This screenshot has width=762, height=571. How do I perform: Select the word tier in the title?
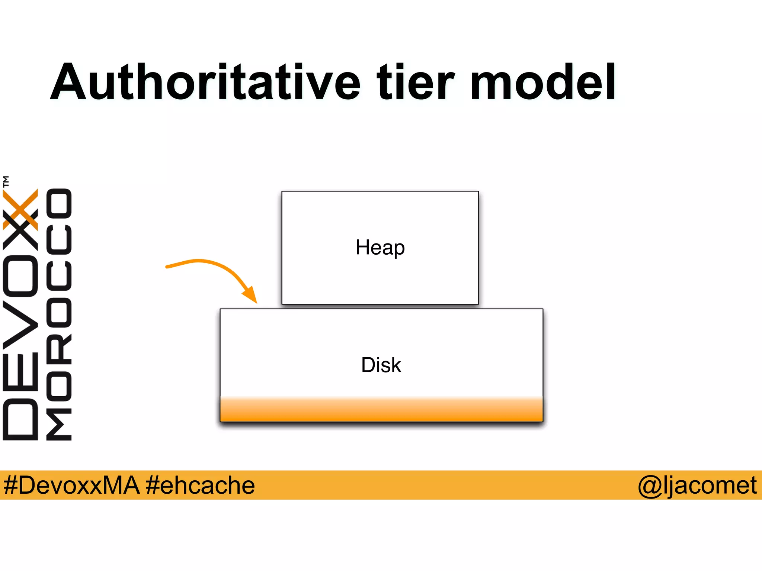(x=416, y=83)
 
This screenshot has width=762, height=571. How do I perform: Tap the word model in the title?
(x=543, y=83)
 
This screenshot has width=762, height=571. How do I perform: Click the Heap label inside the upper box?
(x=380, y=248)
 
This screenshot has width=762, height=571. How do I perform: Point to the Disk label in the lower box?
(x=381, y=365)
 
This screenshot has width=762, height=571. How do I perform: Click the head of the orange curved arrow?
(x=251, y=296)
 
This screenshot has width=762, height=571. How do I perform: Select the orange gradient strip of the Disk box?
(x=381, y=410)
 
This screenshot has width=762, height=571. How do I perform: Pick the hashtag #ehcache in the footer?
(x=200, y=485)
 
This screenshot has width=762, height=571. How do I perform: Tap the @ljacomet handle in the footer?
(x=697, y=485)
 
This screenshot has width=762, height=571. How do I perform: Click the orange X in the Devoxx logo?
(x=20, y=209)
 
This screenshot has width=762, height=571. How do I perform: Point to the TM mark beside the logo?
(x=6, y=181)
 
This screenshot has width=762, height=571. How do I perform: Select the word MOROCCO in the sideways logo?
(x=59, y=314)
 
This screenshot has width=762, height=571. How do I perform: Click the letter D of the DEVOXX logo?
(x=20, y=419)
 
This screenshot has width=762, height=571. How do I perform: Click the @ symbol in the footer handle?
(x=650, y=485)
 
